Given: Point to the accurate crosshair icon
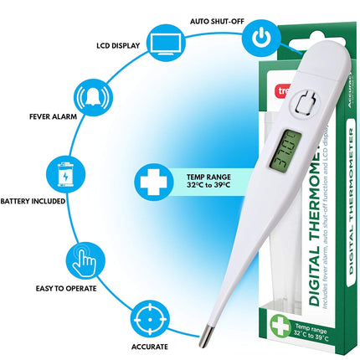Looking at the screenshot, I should click(x=149, y=320).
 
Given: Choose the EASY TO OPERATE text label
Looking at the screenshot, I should click(x=64, y=287).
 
